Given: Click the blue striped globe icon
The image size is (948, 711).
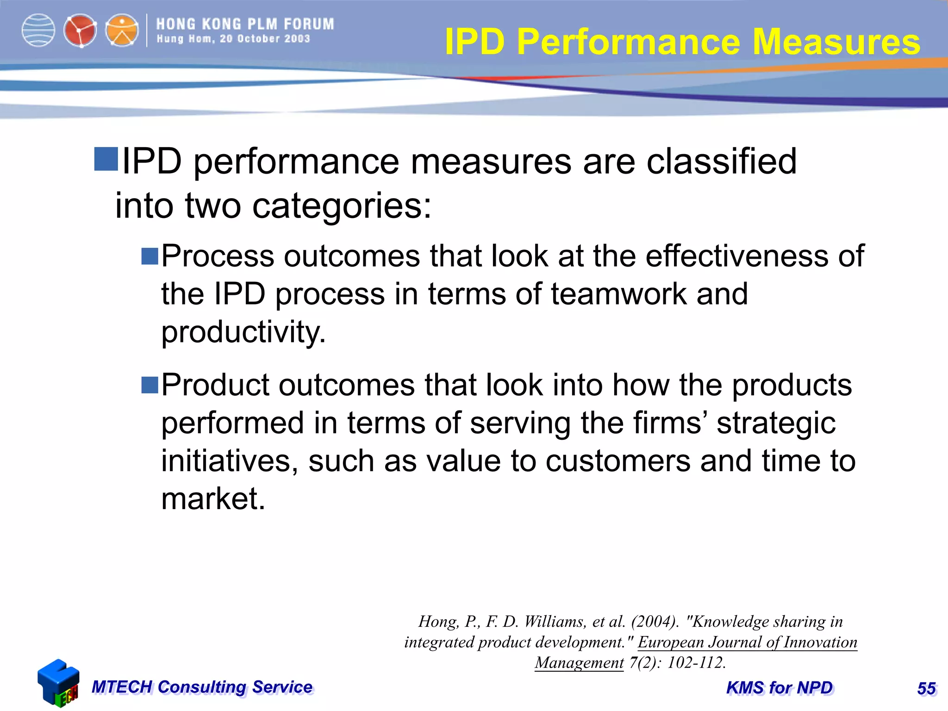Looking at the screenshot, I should [x=38, y=31].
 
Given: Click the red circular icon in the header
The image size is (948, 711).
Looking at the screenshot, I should [x=80, y=31].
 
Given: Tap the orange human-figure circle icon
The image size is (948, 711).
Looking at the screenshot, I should [x=122, y=31].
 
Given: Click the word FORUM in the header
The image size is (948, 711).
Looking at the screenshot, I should [x=309, y=24].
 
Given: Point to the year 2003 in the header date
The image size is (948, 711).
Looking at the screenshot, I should [x=297, y=39].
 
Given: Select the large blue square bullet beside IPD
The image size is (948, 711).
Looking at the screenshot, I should [x=106, y=159].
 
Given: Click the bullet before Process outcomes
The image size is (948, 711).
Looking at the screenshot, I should [x=150, y=256].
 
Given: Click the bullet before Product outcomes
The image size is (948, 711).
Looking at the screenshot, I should [x=150, y=385].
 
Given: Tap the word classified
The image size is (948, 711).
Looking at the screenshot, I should [x=721, y=162].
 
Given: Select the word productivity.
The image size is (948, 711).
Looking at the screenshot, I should [x=243, y=332].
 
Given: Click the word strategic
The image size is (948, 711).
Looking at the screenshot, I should [x=776, y=423].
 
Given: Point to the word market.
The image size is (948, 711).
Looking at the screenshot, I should [x=213, y=499].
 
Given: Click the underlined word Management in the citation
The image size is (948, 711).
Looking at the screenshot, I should [x=579, y=662].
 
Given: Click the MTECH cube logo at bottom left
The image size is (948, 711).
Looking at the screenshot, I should [x=58, y=683].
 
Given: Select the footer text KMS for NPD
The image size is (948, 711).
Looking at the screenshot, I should [x=780, y=688].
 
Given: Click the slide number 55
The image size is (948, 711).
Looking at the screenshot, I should [x=926, y=689].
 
